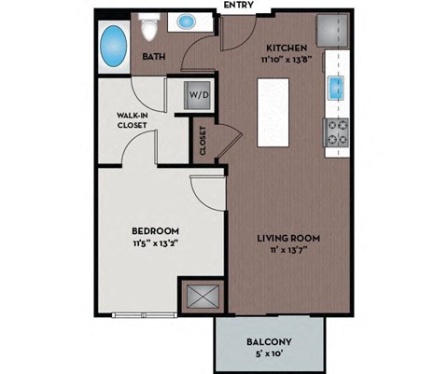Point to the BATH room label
coord(154,58)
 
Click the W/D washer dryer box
coord(198,94)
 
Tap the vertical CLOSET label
coord(203,142)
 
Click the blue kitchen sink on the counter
coord(335,90)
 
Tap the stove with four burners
coord(335,131)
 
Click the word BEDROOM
coord(155,230)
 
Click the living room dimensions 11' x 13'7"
coord(289,252)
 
